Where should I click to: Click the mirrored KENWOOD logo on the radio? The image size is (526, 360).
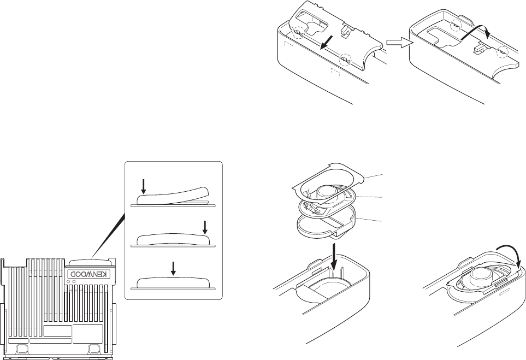(x=90, y=274)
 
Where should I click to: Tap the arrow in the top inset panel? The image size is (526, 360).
(x=143, y=187)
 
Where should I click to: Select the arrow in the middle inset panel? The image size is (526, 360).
(x=204, y=226)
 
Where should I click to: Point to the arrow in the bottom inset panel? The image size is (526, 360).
(x=174, y=268)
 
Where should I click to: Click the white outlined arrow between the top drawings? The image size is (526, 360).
(x=397, y=43)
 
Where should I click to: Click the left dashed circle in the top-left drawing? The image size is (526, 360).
(x=298, y=32)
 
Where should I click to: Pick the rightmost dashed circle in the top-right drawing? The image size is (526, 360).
(x=503, y=52)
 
